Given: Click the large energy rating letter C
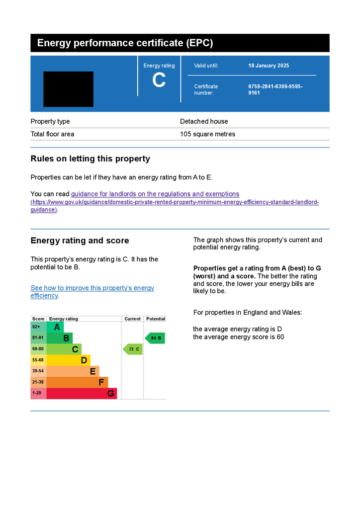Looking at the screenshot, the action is [159, 80].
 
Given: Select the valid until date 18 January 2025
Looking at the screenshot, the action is [269, 66].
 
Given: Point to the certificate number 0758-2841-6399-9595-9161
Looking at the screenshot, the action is [275, 89].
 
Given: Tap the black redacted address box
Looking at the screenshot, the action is [68, 89].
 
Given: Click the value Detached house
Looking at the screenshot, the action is [204, 121].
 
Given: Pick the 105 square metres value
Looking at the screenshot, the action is [208, 134].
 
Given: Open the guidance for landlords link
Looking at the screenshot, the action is [155, 194].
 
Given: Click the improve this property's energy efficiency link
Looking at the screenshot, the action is [92, 291].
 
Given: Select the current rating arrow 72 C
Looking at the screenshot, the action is [133, 349].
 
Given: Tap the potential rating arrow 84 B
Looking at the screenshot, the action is [155, 338].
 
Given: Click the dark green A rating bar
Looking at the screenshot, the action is [55, 327].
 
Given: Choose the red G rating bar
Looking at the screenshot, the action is [82, 393].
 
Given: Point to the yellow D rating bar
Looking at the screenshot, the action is [69, 360].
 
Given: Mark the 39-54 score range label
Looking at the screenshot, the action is [38, 371].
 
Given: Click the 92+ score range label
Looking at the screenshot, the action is [36, 327].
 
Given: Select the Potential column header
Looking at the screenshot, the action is [156, 319].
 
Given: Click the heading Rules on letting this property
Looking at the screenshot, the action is [90, 159].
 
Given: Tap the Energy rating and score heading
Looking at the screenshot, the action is [80, 241].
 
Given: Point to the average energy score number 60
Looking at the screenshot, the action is [280, 337].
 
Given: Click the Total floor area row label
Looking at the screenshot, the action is [52, 134].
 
